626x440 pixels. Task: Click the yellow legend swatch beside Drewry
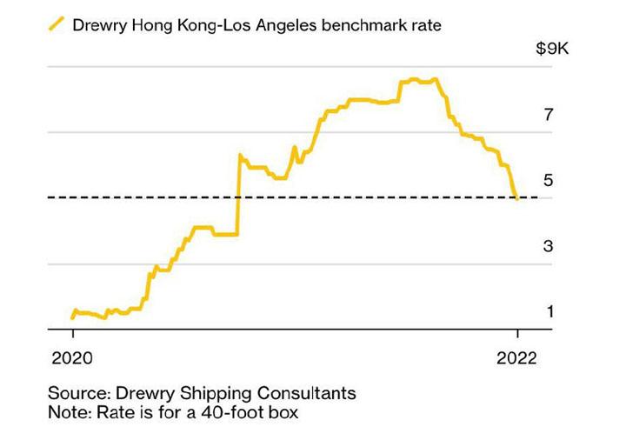coord(56,25)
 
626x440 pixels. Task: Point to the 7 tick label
coord(549,114)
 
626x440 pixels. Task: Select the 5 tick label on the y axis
coord(549,180)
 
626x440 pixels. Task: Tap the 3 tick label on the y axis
coord(549,246)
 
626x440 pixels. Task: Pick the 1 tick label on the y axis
coord(549,311)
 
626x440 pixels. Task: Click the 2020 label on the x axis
coord(73,357)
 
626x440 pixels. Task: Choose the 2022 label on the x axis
coord(518,357)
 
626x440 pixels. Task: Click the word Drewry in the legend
coord(101,26)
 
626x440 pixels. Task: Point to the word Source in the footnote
coord(76,393)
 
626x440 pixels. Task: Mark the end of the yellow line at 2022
coord(517,198)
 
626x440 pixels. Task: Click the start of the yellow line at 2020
coord(73,317)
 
